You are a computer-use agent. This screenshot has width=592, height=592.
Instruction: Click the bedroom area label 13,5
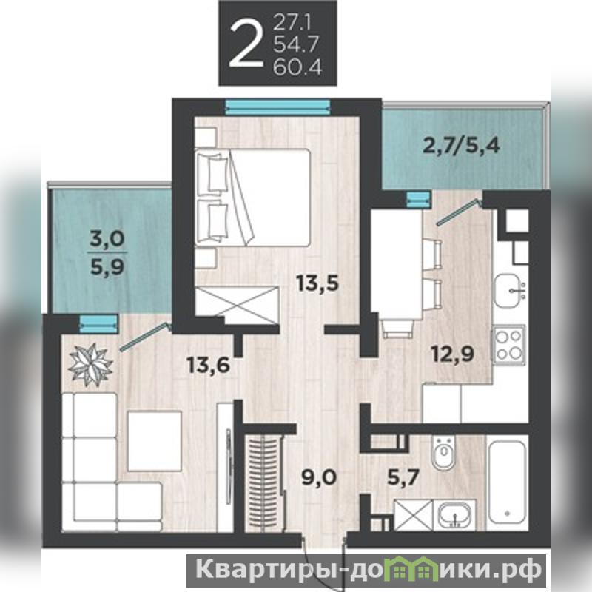(x=317, y=283)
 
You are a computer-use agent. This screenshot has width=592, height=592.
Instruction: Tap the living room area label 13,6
(x=209, y=365)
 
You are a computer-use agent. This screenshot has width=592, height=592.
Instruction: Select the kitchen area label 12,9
(x=452, y=354)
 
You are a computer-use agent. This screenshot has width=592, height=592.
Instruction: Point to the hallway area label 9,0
(x=319, y=478)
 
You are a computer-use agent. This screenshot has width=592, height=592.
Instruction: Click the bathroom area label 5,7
(x=403, y=477)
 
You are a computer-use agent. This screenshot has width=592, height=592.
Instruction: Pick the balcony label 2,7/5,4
(x=461, y=145)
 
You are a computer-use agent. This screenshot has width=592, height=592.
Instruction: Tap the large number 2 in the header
(x=246, y=43)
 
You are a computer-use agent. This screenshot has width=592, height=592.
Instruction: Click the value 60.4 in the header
(x=297, y=68)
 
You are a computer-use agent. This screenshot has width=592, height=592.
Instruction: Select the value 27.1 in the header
(x=292, y=24)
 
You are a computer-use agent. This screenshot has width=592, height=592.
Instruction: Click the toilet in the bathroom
(x=443, y=453)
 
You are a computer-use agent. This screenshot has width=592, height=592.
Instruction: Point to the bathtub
(x=507, y=482)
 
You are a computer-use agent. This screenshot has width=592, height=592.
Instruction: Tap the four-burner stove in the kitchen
(x=508, y=344)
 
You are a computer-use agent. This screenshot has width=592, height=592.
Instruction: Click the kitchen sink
(x=510, y=292)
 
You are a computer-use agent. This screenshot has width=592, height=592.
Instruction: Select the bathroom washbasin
(x=454, y=514)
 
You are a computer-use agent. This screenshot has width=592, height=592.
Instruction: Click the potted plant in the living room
(x=91, y=365)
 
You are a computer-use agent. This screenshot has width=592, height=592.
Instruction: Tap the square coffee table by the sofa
(x=155, y=441)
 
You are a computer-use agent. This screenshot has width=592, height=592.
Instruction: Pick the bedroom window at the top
(x=278, y=106)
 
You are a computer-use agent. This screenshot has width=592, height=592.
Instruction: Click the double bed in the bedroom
(x=252, y=197)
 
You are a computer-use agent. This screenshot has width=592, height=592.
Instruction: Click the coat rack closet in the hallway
(x=263, y=482)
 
